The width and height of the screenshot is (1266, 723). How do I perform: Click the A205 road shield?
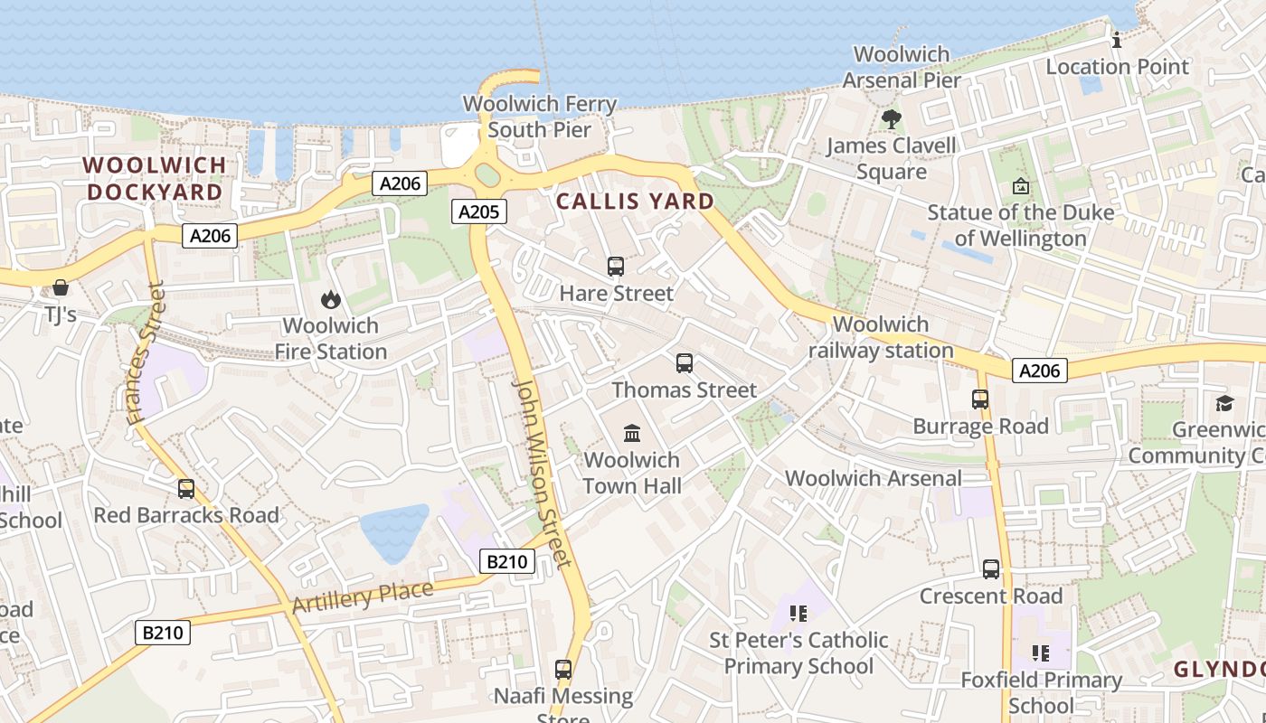click(x=478, y=211)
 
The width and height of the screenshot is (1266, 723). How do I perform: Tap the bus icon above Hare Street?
click(x=616, y=266)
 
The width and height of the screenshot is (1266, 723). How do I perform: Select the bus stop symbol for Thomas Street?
click(x=685, y=363)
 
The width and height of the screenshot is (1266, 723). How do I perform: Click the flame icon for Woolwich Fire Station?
click(x=331, y=299)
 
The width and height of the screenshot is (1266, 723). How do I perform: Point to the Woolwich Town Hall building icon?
click(x=632, y=433)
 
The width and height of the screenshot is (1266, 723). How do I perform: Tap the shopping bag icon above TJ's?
click(x=61, y=287)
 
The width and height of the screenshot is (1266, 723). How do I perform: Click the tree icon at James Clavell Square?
click(x=891, y=118)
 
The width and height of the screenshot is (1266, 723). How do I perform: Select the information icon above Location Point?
click(x=1117, y=40)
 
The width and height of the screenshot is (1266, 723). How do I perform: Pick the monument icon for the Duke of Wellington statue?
click(x=1021, y=186)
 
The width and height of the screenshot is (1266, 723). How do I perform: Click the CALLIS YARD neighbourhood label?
click(x=635, y=201)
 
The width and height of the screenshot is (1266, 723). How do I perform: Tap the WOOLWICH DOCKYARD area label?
click(x=154, y=178)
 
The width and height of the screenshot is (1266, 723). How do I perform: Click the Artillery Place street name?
click(x=363, y=597)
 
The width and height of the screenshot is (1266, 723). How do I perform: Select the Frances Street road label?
click(x=146, y=353)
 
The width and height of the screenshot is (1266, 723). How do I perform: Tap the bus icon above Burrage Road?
click(x=980, y=399)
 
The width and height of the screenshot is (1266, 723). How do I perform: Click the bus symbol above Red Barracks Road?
click(x=186, y=489)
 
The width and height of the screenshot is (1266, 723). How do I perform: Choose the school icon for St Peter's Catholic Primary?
click(x=798, y=614)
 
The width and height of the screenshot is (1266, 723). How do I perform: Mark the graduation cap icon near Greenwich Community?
click(x=1224, y=403)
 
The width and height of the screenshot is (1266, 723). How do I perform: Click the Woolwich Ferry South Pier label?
click(x=540, y=117)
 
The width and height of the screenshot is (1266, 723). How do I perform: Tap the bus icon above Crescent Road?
click(x=991, y=569)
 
